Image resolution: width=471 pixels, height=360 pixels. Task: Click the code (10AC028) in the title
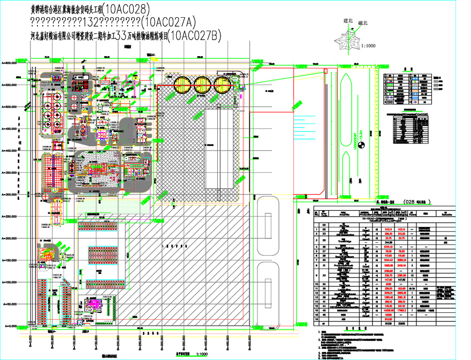pyautogui.click(x=125, y=9)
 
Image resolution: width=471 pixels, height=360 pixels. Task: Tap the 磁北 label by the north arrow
pyautogui.click(x=363, y=23)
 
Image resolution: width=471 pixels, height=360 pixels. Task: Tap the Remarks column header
pyautogui.click(x=454, y=212)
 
